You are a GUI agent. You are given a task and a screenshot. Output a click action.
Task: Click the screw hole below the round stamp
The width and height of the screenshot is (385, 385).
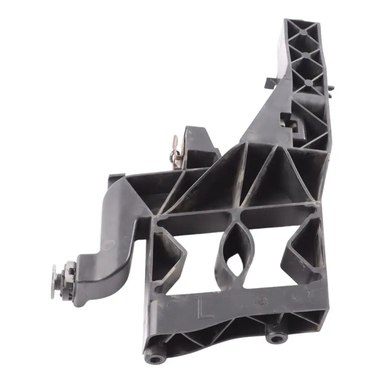(276, 338)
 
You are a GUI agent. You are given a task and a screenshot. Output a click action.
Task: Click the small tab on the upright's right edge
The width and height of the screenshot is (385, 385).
(332, 88)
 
